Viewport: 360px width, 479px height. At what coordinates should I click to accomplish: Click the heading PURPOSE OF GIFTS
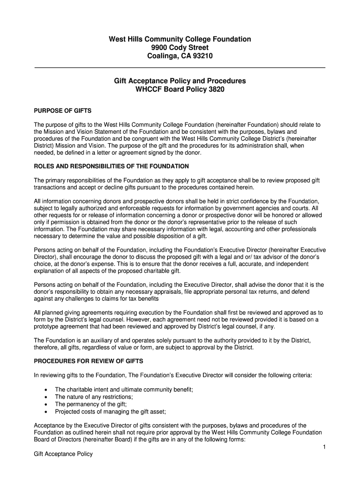point(63,111)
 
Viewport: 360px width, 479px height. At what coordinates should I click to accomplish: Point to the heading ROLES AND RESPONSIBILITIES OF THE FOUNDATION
point(111,166)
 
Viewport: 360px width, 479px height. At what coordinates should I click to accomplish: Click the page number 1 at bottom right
point(324,448)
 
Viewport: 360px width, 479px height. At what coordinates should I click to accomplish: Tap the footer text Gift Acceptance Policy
point(64,454)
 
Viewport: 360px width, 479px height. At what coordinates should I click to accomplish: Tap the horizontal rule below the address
point(180,68)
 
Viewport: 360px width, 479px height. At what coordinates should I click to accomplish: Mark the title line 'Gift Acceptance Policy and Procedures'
point(180,81)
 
